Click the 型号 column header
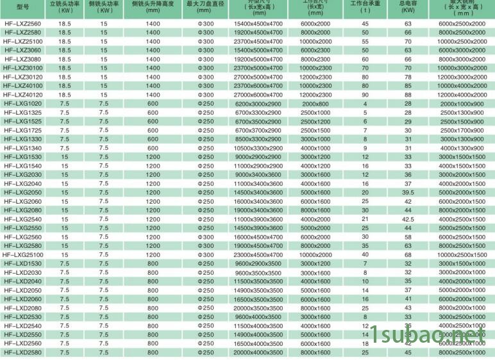click(22, 6)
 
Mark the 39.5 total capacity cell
click(408, 192)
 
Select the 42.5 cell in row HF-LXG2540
click(408, 219)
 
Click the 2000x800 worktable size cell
click(315, 103)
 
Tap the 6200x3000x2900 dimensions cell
click(258, 103)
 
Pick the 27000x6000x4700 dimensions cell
click(258, 94)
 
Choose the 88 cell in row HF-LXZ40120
click(408, 94)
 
